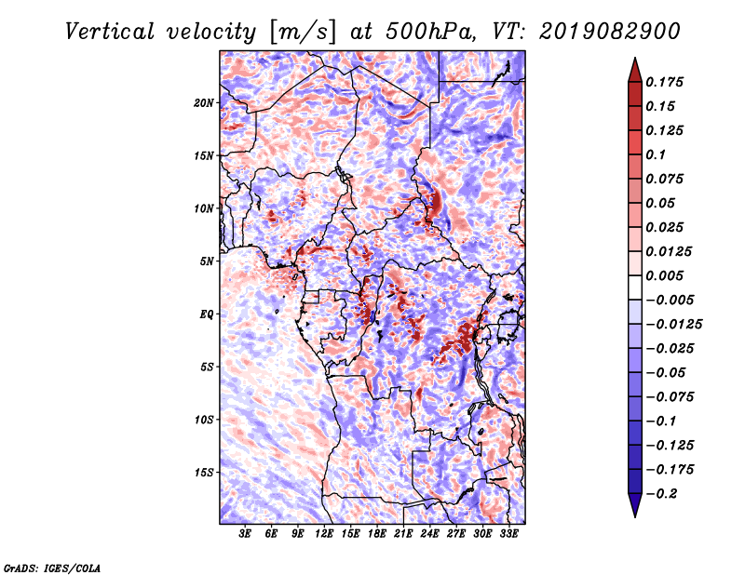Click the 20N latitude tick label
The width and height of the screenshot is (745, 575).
click(x=204, y=103)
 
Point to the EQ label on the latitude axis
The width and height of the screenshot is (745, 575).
click(x=206, y=314)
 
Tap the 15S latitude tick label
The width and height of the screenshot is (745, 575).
click(x=204, y=473)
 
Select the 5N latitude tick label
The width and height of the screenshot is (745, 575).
click(x=207, y=261)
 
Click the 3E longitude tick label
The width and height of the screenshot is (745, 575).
click(x=245, y=534)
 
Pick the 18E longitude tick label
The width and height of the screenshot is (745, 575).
click(x=377, y=534)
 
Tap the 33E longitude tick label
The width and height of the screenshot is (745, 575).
click(x=508, y=534)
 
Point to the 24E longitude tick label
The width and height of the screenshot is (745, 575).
click(x=429, y=534)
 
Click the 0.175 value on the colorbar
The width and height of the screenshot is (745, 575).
click(x=664, y=82)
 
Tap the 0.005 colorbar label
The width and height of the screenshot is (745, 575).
click(x=664, y=275)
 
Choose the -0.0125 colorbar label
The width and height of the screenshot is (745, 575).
click(x=673, y=325)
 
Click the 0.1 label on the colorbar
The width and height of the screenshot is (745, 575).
click(x=656, y=154)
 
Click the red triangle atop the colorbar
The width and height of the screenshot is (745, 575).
click(x=635, y=70)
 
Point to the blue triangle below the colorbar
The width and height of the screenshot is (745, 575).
click(x=635, y=505)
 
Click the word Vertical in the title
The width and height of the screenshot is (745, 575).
click(x=110, y=32)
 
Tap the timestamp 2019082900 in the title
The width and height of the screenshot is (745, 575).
click(x=610, y=32)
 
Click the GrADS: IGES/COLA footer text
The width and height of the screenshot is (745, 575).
click(x=52, y=568)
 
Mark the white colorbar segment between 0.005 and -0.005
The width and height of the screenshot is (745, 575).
click(x=635, y=287)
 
